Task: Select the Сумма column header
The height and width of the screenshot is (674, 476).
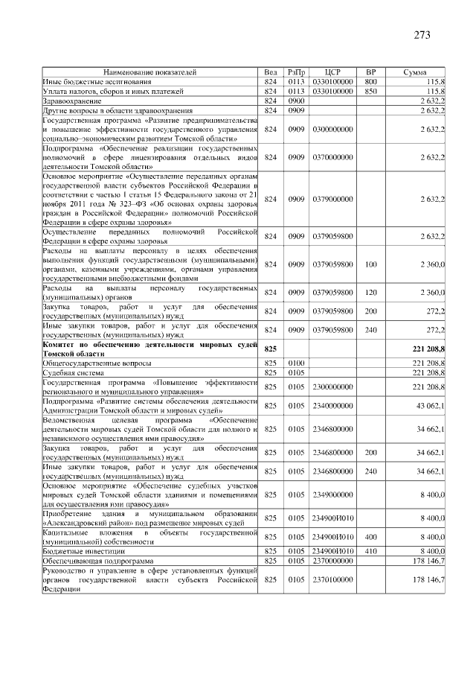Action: [x=414, y=71]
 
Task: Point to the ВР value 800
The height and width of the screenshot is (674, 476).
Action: [x=371, y=81]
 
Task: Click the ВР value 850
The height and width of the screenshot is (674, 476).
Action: [x=371, y=91]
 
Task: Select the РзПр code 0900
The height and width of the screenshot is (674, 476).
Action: [x=297, y=101]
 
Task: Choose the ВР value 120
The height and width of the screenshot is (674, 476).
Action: [x=371, y=293]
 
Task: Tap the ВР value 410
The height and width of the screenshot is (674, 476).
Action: [x=371, y=551]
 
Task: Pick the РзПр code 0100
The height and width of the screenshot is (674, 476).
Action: [x=297, y=363]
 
